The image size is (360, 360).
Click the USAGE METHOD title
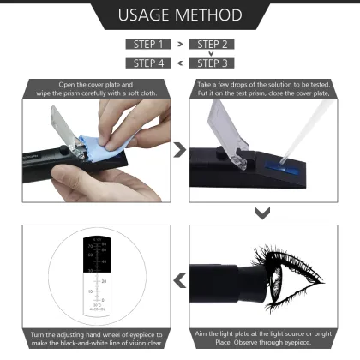(x=179, y=15)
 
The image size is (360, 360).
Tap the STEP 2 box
(x=210, y=43)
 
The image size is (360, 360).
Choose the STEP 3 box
(x=210, y=63)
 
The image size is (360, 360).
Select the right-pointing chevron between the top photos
(x=179, y=151)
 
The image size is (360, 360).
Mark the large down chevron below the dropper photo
(x=263, y=212)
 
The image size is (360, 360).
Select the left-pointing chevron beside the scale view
(x=179, y=279)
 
